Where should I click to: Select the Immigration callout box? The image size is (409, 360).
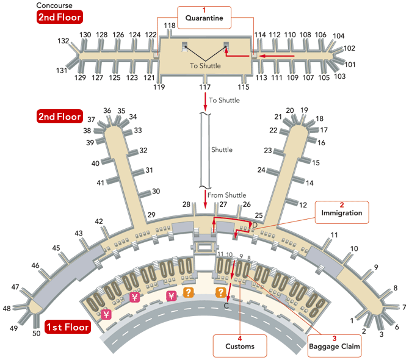342,210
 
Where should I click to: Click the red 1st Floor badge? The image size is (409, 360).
67,327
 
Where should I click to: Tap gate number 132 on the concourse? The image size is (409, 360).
63,41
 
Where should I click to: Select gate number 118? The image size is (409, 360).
169,25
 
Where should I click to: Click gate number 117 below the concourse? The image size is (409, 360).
205,87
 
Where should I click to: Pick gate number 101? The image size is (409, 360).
350,64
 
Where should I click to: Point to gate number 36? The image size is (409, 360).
107,110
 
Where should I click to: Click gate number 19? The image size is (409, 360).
304,110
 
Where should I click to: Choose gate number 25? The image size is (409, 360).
259,215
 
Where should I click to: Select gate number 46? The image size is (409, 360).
35,265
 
